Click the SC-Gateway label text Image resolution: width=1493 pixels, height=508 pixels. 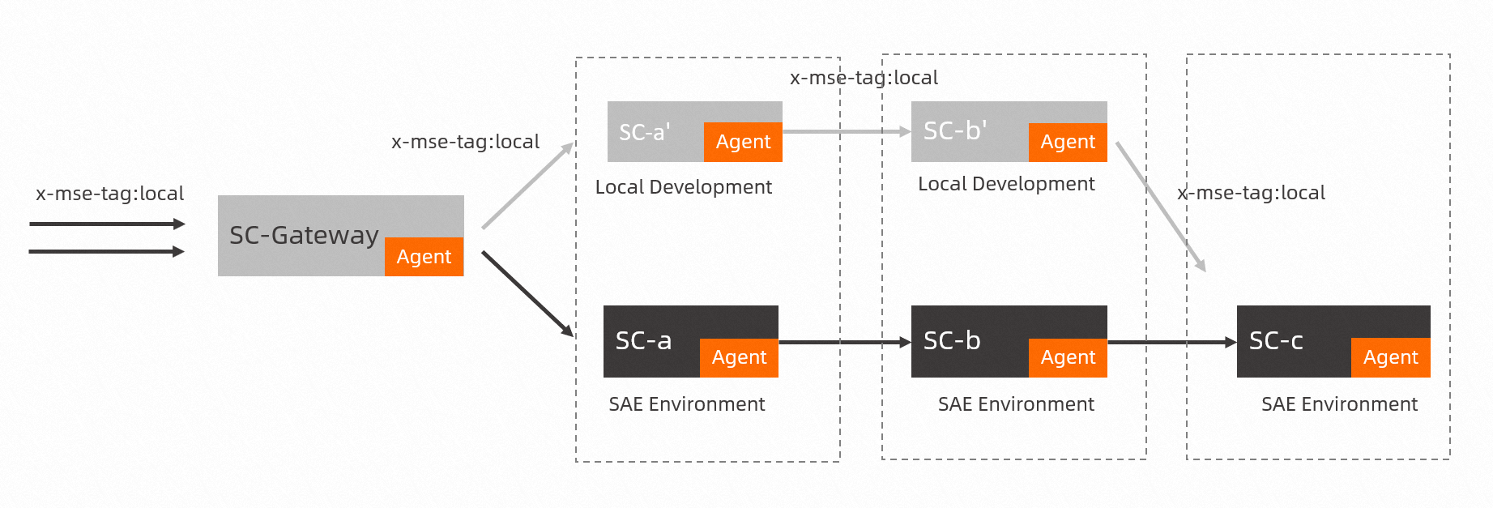pos(304,235)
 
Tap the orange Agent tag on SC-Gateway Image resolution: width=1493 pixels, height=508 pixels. pos(424,257)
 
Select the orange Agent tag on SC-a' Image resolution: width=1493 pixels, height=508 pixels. pos(743,142)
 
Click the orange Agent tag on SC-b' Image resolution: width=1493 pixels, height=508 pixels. pos(1068,142)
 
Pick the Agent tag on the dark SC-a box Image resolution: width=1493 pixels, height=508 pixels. pos(739,357)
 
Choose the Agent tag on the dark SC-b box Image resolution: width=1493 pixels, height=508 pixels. pos(1068,357)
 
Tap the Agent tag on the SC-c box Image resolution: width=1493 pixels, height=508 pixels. pos(1390,357)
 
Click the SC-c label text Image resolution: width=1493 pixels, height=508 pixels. pos(1276,341)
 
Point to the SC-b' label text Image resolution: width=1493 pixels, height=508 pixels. pos(954,130)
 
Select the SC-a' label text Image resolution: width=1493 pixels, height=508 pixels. pos(644,132)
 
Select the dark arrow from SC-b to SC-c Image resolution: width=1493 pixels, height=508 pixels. pos(1171,343)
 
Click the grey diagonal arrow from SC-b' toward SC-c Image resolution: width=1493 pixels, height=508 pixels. pos(1160,206)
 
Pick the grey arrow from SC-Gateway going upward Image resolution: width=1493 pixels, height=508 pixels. pos(527,186)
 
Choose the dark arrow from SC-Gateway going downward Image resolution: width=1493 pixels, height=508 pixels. pos(527,293)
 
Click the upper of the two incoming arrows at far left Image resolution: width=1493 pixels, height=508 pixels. pos(105,224)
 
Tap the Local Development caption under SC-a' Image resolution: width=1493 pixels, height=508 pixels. pos(683,187)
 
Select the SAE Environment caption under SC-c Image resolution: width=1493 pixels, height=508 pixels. pos(1339,404)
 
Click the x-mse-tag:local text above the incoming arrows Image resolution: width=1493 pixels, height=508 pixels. pos(109,194)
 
